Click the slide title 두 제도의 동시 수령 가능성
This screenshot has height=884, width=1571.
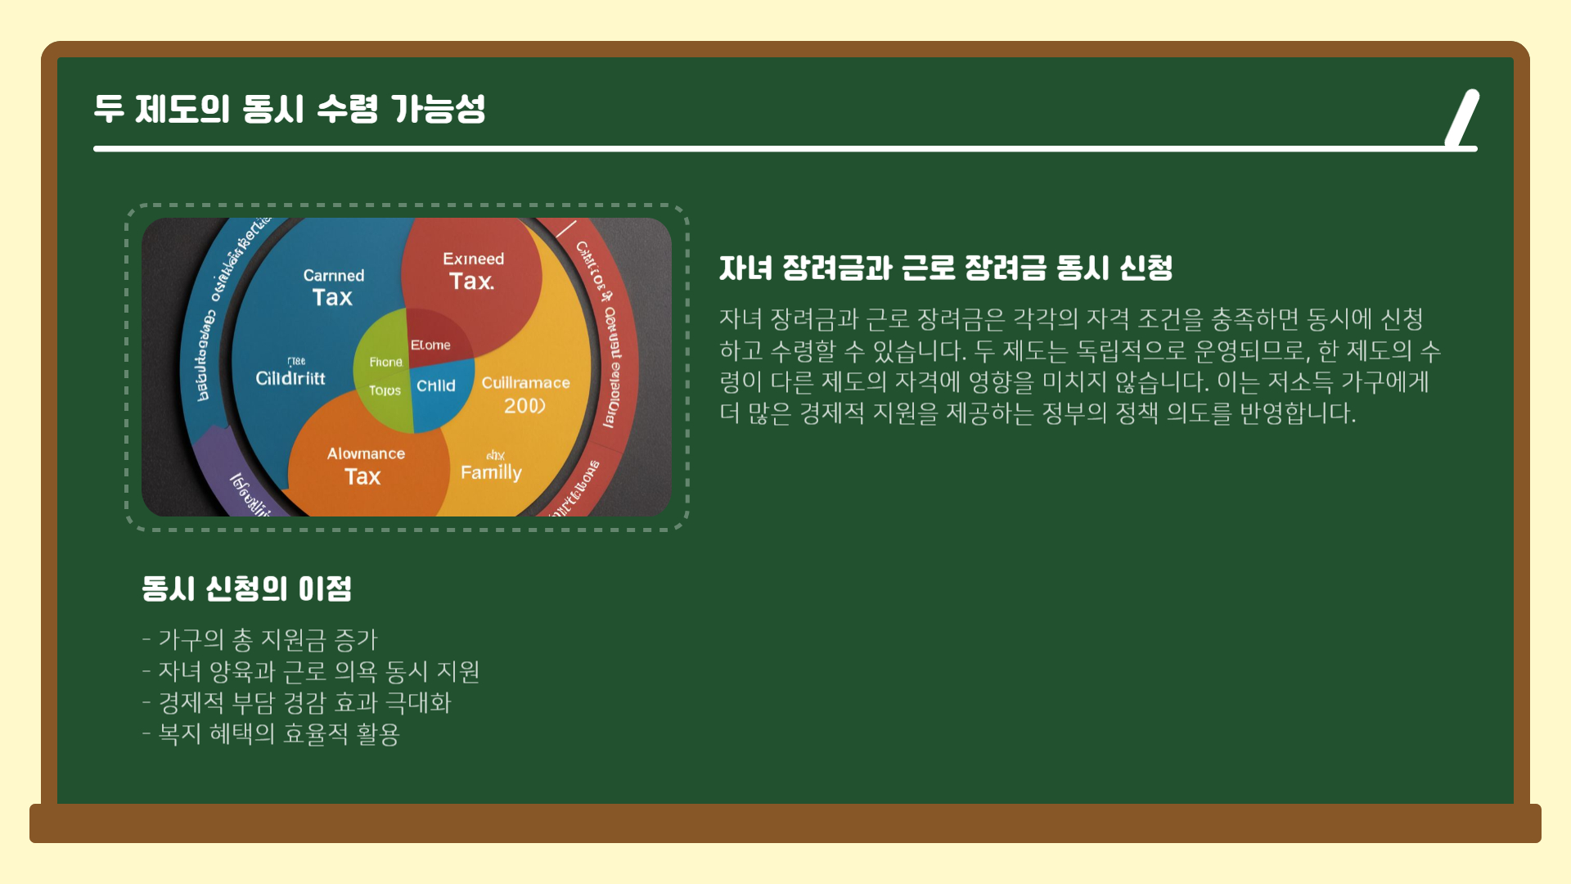pos(290,109)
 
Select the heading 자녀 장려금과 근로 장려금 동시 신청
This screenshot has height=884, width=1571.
pos(946,268)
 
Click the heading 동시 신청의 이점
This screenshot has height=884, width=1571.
pos(246,589)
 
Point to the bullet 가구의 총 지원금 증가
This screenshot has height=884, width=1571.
pos(259,639)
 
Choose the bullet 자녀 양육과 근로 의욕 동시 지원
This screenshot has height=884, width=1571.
pos(311,671)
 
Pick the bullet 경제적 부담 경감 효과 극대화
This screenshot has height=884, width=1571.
pos(296,702)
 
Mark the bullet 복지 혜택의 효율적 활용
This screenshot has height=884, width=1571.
pos(271,733)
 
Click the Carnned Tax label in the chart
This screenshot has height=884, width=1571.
pos(333,287)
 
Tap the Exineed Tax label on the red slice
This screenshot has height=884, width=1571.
pos(473,271)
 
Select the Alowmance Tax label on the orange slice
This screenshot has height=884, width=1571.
pos(365,466)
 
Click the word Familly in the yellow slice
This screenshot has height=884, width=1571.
pos(491,472)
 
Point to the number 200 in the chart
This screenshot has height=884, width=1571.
pos(524,406)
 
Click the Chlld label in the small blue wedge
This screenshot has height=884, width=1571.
pos(435,386)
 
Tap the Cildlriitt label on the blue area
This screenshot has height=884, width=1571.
pos(290,378)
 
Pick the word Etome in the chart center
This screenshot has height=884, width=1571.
pos(430,345)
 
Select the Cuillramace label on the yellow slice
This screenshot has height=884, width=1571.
pos(525,383)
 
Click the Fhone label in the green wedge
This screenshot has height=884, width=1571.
pos(385,362)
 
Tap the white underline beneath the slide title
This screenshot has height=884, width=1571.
pos(769,149)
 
